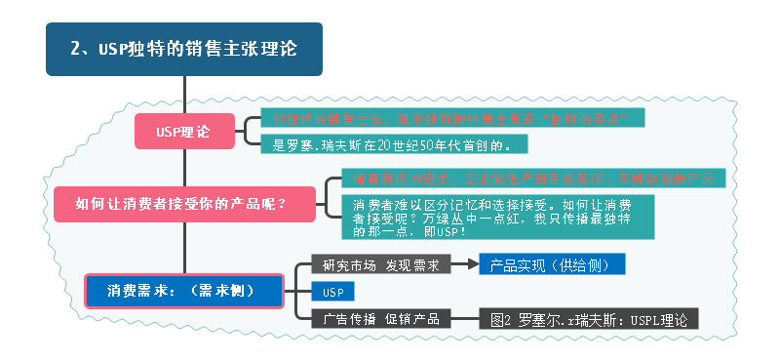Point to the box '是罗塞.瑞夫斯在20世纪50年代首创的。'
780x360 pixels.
coord(396,144)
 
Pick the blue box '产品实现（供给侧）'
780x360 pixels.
coord(551,264)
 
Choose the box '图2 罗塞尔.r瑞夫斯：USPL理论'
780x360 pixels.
coord(589,318)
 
